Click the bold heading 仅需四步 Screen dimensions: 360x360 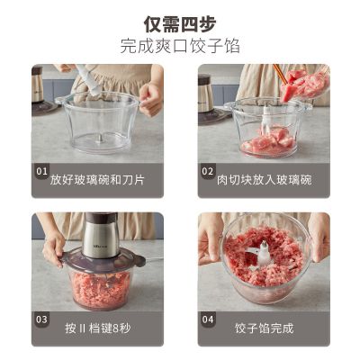tap(180, 24)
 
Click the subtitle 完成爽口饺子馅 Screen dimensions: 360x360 tap(180, 46)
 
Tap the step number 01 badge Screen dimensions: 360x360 tap(41, 171)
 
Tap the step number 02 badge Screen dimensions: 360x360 tap(207, 171)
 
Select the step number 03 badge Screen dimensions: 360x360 tap(41, 319)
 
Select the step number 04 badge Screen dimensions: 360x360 tap(208, 319)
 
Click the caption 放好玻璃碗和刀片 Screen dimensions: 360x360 tap(97, 180)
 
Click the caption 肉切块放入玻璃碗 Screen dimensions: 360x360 tap(264, 180)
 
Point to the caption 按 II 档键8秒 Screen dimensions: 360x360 tap(98, 328)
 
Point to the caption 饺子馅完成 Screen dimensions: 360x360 tap(264, 328)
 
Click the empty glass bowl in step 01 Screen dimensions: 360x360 tap(97, 123)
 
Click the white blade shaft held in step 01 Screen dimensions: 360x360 tap(88, 80)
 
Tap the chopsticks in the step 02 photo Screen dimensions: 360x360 tap(280, 74)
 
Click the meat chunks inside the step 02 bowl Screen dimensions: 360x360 tap(268, 141)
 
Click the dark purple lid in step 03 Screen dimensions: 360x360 tap(102, 260)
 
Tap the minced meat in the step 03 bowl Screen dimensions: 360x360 tap(101, 288)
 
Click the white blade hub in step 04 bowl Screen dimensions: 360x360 tap(264, 254)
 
